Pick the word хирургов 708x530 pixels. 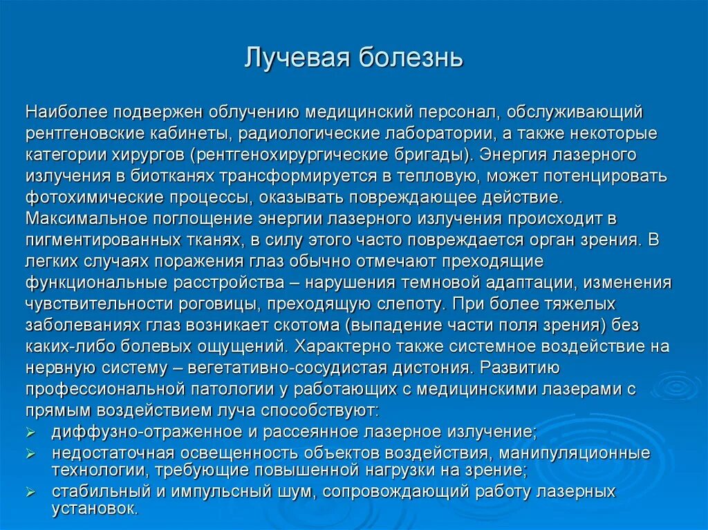158,153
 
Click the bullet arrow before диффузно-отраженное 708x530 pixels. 31,433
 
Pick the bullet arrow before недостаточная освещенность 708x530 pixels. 31,455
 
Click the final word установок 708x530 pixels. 95,509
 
